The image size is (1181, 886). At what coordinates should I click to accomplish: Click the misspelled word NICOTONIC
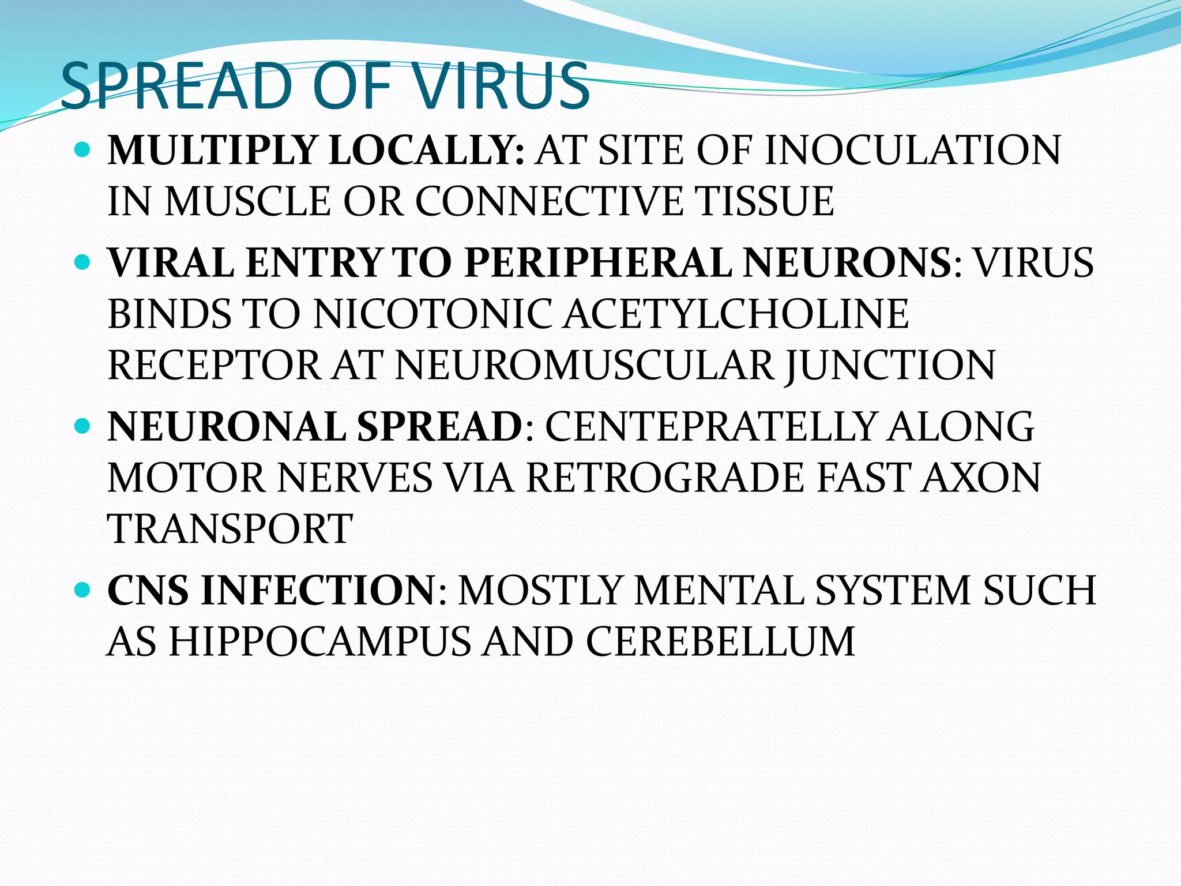pyautogui.click(x=432, y=315)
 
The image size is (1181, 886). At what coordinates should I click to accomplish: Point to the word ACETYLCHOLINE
pyautogui.click(x=736, y=315)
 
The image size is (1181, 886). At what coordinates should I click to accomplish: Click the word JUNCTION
pyautogui.click(x=890, y=366)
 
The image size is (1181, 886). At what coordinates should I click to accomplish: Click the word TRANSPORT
pyautogui.click(x=230, y=528)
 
